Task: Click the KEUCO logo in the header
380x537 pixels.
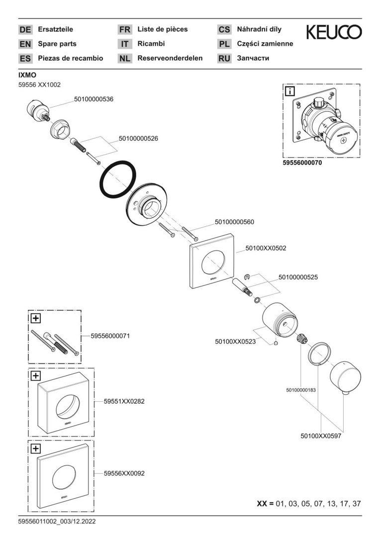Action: point(334,32)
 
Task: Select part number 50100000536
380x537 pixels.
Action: point(94,99)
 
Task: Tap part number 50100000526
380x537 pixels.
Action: point(138,139)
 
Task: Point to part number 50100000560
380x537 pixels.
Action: point(234,222)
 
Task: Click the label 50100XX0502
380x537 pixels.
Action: point(266,247)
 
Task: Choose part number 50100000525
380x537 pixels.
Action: point(298,276)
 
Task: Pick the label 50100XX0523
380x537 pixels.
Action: point(235,342)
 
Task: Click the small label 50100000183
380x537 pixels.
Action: point(301,390)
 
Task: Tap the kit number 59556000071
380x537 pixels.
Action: point(110,336)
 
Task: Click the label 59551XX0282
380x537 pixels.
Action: point(124,400)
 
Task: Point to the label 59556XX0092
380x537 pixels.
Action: point(124,474)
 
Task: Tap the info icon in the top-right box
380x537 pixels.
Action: point(289,91)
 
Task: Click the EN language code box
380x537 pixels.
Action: point(25,44)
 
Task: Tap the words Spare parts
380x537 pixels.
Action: point(57,44)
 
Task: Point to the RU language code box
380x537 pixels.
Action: point(224,58)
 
